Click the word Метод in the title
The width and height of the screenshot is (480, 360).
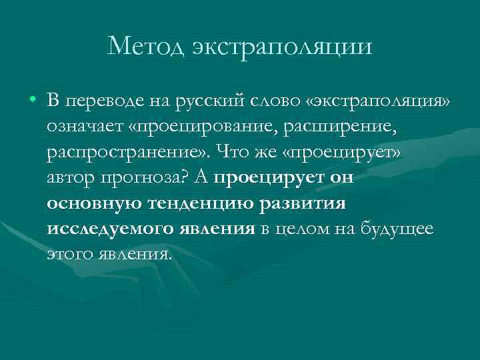click(144, 47)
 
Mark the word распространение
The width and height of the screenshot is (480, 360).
click(124, 152)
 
